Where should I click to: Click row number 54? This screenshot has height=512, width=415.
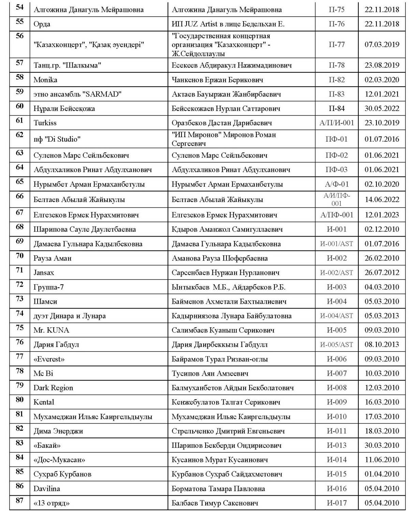click(x=20, y=8)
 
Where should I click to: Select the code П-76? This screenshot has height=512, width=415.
click(x=336, y=24)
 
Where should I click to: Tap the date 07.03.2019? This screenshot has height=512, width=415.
click(x=382, y=44)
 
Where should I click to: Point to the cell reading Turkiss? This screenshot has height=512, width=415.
click(x=45, y=123)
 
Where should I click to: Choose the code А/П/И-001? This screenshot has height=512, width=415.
click(x=336, y=123)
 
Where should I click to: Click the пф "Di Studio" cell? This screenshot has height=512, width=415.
click(x=57, y=139)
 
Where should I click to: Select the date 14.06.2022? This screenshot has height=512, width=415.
click(x=382, y=199)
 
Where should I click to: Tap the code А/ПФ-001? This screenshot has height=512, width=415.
click(x=336, y=215)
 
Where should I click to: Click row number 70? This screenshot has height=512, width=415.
click(x=20, y=256)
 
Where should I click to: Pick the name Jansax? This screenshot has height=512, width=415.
click(x=44, y=273)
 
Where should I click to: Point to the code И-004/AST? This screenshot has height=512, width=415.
click(x=336, y=316)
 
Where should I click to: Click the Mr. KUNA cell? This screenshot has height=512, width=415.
click(x=51, y=330)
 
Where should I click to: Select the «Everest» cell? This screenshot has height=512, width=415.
click(x=49, y=359)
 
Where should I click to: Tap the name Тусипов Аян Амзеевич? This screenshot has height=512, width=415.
click(x=210, y=373)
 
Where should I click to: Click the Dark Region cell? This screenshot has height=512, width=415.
click(x=53, y=388)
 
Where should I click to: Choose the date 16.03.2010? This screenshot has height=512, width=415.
click(x=382, y=402)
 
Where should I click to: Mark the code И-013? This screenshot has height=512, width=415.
click(x=336, y=445)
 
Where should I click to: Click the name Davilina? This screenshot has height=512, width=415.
click(x=47, y=489)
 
